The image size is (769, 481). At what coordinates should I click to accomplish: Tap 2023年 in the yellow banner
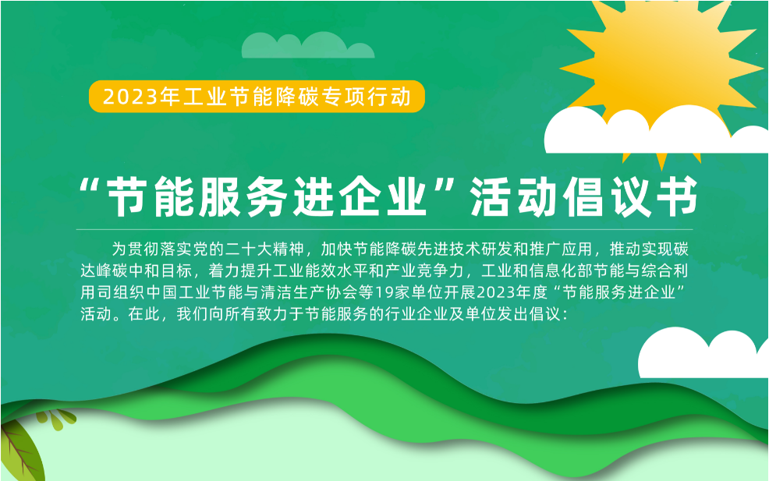[x=131, y=97]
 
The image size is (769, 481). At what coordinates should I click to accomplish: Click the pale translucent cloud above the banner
[x=308, y=45]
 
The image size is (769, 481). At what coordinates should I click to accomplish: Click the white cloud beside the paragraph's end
[x=703, y=353]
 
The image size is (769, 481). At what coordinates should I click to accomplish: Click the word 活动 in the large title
[x=513, y=197]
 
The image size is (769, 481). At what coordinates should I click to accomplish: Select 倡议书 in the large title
[x=631, y=197]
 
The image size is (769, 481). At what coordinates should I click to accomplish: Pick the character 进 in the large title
[x=314, y=197]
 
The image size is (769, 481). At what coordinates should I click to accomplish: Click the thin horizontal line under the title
[x=384, y=229]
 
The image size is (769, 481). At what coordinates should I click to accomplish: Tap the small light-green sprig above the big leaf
[x=58, y=419]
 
